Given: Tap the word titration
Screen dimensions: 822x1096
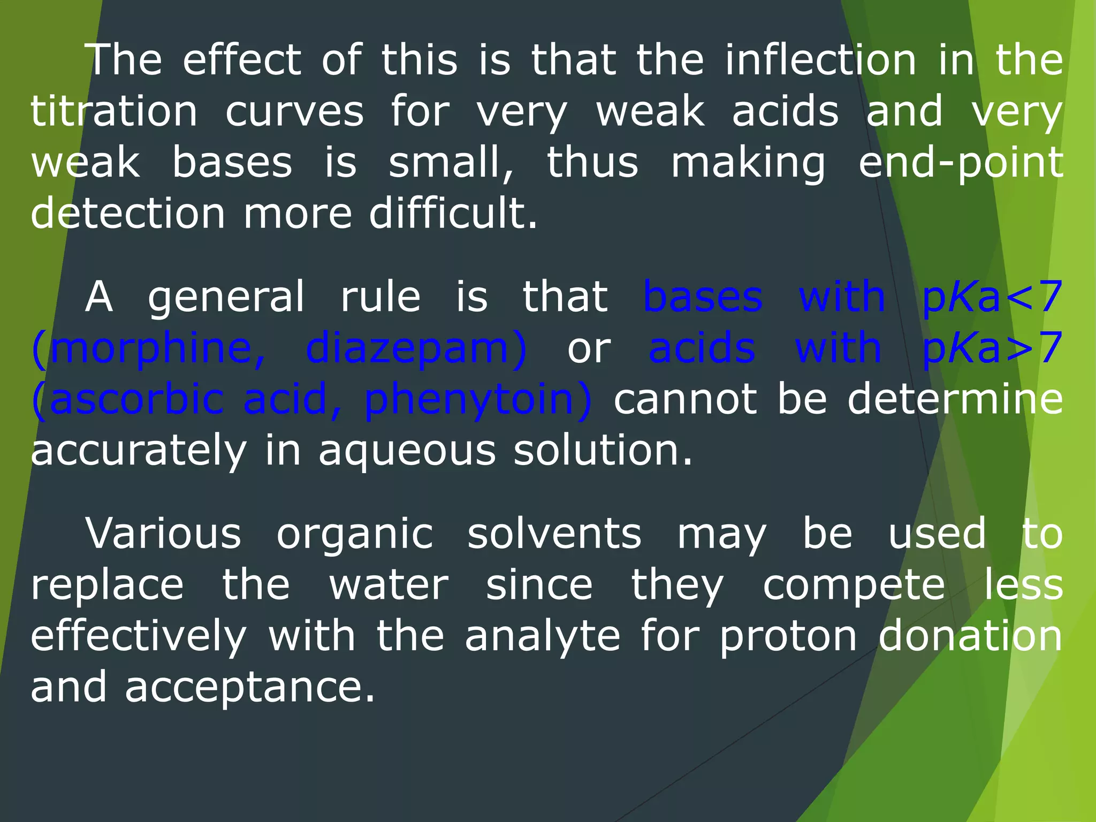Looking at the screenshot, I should click(x=114, y=111).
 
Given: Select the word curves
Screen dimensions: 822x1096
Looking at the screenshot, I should click(x=294, y=111).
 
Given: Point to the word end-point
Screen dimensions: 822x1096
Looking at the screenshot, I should click(x=961, y=163).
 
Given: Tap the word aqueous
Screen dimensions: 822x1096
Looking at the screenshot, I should click(x=407, y=451).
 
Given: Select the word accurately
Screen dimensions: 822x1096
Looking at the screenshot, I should click(x=139, y=451).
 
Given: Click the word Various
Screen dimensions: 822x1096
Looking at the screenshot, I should click(x=163, y=534).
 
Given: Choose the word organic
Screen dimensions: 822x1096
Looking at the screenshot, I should click(x=354, y=534).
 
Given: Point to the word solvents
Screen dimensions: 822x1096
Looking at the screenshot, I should click(x=554, y=534).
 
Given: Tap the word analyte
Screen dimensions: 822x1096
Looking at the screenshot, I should click(x=542, y=636).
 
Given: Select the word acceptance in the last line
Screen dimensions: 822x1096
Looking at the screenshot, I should click(x=250, y=688).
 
